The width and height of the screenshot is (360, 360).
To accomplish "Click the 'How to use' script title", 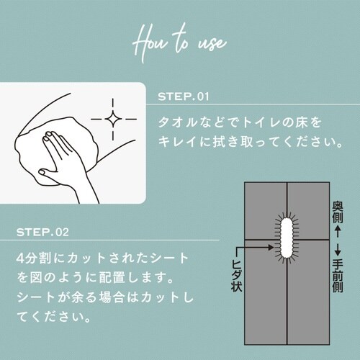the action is (179, 42).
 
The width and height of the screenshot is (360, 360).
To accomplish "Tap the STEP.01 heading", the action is (184, 96).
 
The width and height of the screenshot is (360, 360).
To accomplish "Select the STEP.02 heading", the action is (42, 232).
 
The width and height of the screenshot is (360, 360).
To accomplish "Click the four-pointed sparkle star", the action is (113, 119).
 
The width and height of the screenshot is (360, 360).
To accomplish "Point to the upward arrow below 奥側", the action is (338, 231).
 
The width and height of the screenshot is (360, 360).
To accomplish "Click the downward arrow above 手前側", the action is (338, 250).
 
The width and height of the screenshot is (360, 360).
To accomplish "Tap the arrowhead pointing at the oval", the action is (271, 247).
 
